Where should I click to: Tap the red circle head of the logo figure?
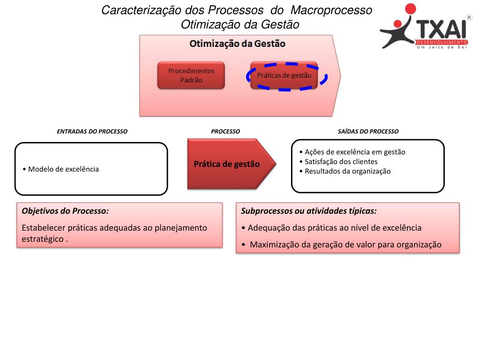(410, 9)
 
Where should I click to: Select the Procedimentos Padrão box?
(191, 75)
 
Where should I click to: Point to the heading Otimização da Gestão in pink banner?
(237, 44)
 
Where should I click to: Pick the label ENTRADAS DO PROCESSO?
(92, 132)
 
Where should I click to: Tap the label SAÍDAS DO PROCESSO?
(368, 132)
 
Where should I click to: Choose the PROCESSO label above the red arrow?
(225, 132)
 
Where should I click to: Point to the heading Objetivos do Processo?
(65, 211)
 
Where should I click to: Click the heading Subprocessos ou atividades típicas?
(309, 211)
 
